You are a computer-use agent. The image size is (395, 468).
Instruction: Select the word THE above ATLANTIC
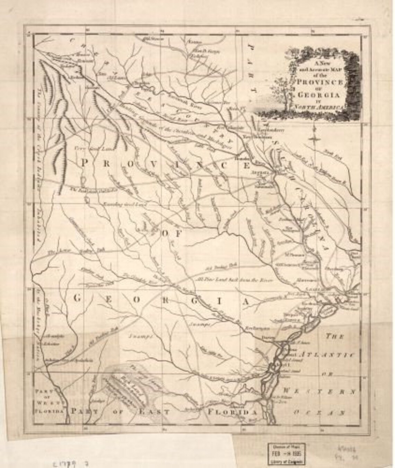pyautogui.click(x=334, y=336)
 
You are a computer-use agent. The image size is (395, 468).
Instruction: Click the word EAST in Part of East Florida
pyautogui.click(x=155, y=412)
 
